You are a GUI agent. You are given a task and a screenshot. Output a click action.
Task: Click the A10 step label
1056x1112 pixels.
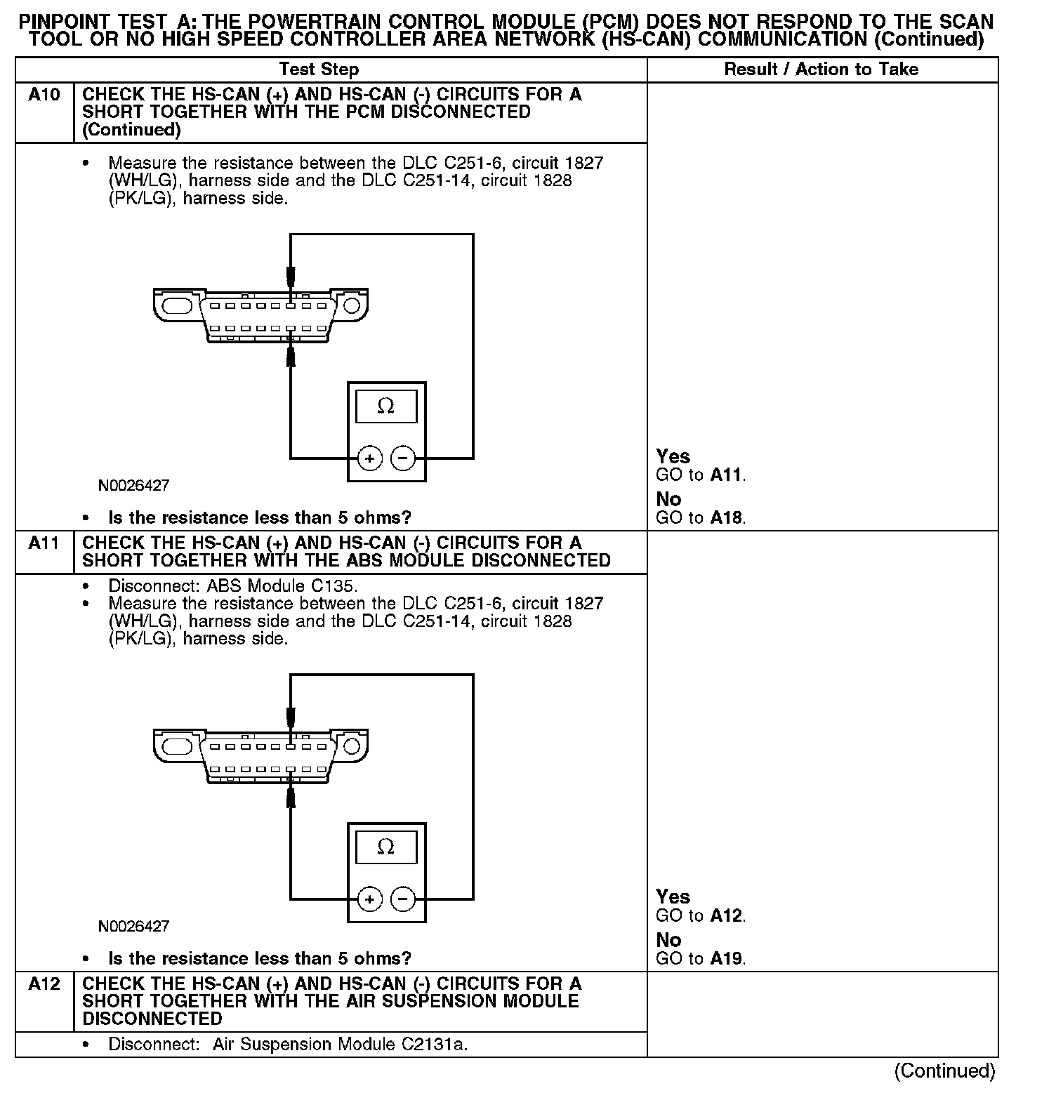[x=44, y=95]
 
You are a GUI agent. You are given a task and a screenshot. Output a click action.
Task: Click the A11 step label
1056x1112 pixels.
[x=44, y=543]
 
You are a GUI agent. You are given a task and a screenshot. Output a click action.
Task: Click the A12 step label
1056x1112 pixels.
[x=44, y=984]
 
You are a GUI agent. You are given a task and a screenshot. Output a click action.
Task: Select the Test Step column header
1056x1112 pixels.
[x=319, y=69]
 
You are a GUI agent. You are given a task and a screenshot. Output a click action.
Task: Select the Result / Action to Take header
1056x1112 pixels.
[x=821, y=69]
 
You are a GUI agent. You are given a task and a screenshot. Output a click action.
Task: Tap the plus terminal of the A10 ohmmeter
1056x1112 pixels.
[x=369, y=458]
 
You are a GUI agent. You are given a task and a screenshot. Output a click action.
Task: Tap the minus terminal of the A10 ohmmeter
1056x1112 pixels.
[x=403, y=458]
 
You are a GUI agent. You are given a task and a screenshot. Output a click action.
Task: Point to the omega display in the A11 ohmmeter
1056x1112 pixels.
[x=385, y=847]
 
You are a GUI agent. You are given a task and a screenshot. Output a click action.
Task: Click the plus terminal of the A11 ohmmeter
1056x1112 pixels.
[x=369, y=899]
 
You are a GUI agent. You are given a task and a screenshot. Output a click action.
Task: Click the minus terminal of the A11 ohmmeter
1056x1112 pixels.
[x=403, y=899]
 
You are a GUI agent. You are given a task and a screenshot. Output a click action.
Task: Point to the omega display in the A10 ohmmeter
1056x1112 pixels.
[x=385, y=406]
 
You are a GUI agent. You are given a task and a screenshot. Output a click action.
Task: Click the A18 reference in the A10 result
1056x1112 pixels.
[x=726, y=518]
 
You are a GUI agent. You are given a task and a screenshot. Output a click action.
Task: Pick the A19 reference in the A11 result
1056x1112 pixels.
[x=726, y=959]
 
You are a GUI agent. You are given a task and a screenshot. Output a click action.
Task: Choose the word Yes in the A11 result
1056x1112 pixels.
[x=673, y=896]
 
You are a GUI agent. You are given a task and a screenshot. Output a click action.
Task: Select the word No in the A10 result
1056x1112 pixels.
[x=668, y=499]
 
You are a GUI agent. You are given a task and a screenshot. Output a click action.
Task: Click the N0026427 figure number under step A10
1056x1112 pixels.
[x=133, y=485]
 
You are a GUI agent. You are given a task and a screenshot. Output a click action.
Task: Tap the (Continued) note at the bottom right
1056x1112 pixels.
[x=944, y=1071]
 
